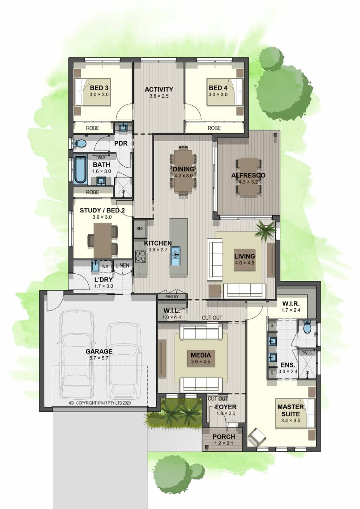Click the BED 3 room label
tap(99, 88)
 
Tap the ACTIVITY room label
tap(159, 89)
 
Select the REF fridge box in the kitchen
tap(140, 229)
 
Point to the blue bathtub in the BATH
tap(80, 169)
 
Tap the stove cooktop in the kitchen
tap(141, 256)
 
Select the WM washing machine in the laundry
tap(105, 266)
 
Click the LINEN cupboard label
tap(122, 265)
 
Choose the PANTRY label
tap(171, 296)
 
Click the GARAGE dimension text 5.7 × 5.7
tap(99, 358)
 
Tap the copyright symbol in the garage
tap(71, 403)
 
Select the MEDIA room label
tap(201, 355)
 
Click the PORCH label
tap(224, 436)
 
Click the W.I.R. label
tap(291, 303)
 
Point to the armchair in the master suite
tap(257, 436)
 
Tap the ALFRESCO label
tap(249, 175)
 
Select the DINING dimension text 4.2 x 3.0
tap(184, 176)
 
